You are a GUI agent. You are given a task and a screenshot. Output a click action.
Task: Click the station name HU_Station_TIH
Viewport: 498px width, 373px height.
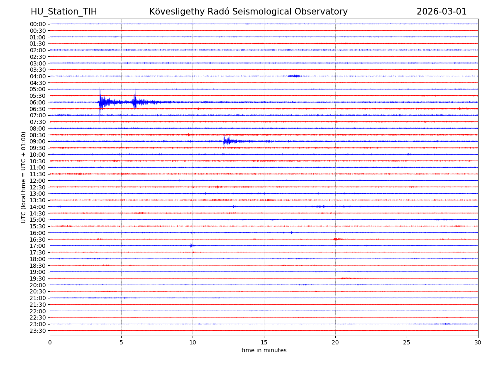64,12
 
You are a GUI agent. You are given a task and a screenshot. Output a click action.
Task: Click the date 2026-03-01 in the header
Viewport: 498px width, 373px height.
442,12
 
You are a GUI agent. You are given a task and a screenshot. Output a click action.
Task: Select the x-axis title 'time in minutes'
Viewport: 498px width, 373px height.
264,350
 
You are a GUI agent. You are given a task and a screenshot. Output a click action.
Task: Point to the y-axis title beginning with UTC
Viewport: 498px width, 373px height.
24,177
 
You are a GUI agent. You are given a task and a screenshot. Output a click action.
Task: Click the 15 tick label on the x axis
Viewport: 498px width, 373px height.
264,342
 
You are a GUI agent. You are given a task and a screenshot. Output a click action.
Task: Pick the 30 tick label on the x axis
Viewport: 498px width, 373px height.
478,342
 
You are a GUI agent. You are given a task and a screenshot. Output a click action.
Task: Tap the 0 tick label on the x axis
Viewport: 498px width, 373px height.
50,342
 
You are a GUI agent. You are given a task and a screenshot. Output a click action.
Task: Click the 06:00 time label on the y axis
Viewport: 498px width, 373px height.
38,102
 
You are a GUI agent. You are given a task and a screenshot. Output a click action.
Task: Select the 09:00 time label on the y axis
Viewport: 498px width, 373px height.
38,141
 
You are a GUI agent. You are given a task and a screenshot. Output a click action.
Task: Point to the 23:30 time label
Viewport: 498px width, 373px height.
38,331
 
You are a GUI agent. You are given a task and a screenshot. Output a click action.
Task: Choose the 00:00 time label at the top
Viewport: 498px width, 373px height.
38,24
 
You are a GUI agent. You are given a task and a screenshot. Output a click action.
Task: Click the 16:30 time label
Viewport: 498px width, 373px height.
38,239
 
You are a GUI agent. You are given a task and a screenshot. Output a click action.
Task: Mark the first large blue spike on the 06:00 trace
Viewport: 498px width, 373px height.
100,102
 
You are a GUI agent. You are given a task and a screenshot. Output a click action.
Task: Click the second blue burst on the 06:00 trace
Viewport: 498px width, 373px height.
135,102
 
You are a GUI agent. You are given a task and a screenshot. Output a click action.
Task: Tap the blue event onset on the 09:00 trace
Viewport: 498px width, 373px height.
224,141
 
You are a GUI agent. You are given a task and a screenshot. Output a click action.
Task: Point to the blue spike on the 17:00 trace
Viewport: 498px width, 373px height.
191,246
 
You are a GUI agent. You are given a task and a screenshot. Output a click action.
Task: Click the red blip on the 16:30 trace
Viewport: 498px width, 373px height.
335,239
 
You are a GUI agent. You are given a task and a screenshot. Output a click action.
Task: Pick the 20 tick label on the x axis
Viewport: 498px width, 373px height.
335,342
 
